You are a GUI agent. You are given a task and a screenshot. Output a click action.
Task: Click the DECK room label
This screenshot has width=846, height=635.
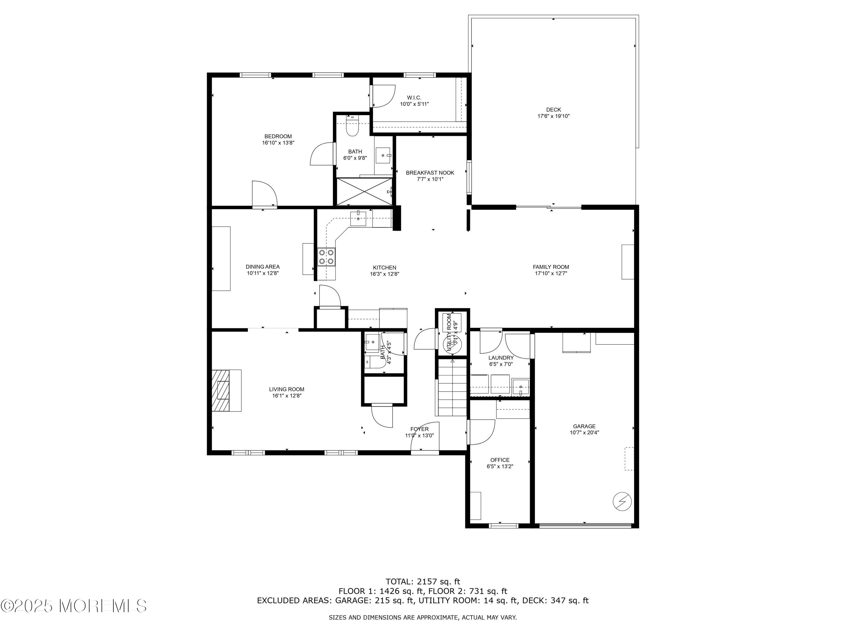[x=553, y=110]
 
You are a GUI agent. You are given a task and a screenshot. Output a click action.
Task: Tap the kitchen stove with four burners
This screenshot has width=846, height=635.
[x=326, y=257]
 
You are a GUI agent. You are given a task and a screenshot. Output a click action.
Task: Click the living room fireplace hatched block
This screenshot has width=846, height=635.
[x=221, y=390]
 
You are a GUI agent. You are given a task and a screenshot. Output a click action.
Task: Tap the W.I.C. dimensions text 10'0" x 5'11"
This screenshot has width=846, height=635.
[x=414, y=104]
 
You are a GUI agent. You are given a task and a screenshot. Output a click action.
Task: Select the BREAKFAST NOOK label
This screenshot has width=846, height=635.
[x=430, y=173]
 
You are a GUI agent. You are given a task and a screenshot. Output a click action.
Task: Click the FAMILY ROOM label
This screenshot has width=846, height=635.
[x=551, y=267]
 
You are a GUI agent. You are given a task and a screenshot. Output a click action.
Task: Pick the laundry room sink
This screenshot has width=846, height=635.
[x=521, y=387]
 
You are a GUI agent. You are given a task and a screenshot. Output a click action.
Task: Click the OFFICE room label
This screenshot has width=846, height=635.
[x=500, y=460]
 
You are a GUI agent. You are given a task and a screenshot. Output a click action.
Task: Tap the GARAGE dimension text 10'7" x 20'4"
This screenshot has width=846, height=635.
[x=584, y=433]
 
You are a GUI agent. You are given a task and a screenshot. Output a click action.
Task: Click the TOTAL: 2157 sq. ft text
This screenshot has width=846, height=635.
[x=423, y=582]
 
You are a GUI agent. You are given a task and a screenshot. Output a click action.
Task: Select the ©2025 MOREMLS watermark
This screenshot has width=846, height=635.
[x=73, y=606]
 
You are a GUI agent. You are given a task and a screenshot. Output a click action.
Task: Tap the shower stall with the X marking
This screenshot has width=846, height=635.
[x=364, y=191]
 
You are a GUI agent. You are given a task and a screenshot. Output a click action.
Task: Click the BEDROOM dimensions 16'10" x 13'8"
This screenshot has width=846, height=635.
[x=278, y=143]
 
